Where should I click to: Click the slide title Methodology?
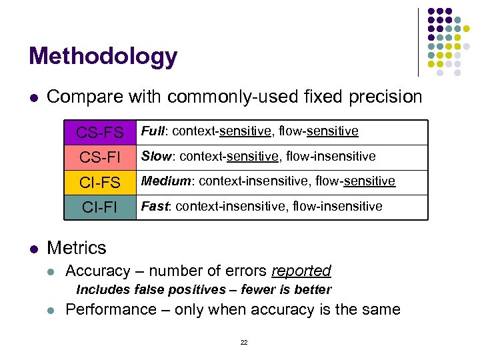[x=103, y=56]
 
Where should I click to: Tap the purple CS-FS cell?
[x=99, y=133]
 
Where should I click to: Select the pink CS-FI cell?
[x=99, y=157]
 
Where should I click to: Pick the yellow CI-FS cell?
[x=99, y=182]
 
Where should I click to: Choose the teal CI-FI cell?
[x=99, y=207]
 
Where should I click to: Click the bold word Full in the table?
[x=153, y=131]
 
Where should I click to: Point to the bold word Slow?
[x=155, y=156]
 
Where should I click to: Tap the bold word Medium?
[x=167, y=181]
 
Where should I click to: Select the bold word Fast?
[x=154, y=206]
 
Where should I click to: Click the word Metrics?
[x=77, y=248]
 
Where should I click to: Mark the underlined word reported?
[x=301, y=271]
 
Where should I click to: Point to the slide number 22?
[x=243, y=342]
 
